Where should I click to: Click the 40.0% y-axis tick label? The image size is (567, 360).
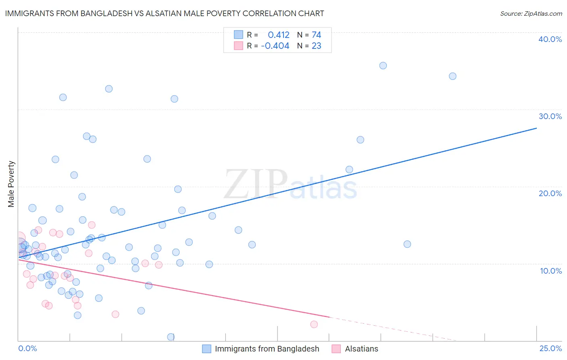(550, 39)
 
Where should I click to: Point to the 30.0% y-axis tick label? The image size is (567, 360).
(550, 116)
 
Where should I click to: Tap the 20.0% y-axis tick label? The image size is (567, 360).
(550, 193)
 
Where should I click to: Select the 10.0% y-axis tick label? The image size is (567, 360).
(550, 271)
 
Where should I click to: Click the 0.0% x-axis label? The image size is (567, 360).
(27, 348)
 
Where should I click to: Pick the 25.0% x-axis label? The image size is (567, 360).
(550, 348)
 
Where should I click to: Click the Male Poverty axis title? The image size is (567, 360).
(11, 184)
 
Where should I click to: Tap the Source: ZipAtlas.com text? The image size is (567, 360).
(531, 13)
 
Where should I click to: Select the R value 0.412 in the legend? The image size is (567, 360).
(278, 35)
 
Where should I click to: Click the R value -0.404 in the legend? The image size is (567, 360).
(275, 46)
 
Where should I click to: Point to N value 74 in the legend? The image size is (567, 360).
(316, 35)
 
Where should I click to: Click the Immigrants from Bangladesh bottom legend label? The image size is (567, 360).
(267, 349)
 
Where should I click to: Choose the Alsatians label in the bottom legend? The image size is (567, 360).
(361, 349)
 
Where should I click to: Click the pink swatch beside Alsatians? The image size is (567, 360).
(336, 349)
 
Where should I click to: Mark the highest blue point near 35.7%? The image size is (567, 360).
(383, 65)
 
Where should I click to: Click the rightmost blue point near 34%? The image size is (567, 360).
(452, 76)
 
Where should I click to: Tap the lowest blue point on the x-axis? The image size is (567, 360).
(171, 337)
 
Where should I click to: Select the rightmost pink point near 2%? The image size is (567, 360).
(314, 324)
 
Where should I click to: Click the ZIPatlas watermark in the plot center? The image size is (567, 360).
(290, 185)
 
